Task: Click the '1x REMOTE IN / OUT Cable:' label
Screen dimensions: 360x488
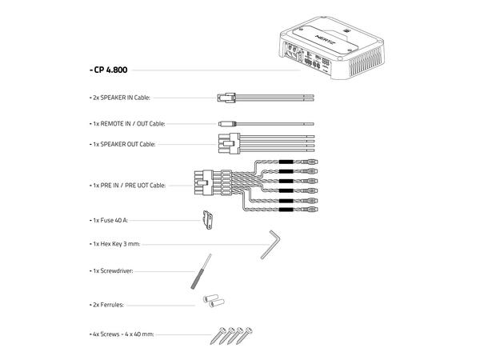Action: (130, 125)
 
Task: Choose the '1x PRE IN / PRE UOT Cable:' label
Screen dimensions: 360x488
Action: (129, 185)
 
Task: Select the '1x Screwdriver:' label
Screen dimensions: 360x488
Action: (112, 271)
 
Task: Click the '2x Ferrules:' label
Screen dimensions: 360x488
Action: (108, 305)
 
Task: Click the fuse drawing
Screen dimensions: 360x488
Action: (206, 218)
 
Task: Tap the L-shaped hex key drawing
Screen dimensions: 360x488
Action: (271, 242)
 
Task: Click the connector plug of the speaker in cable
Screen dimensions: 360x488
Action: (225, 98)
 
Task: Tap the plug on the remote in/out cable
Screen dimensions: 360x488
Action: (227, 125)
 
